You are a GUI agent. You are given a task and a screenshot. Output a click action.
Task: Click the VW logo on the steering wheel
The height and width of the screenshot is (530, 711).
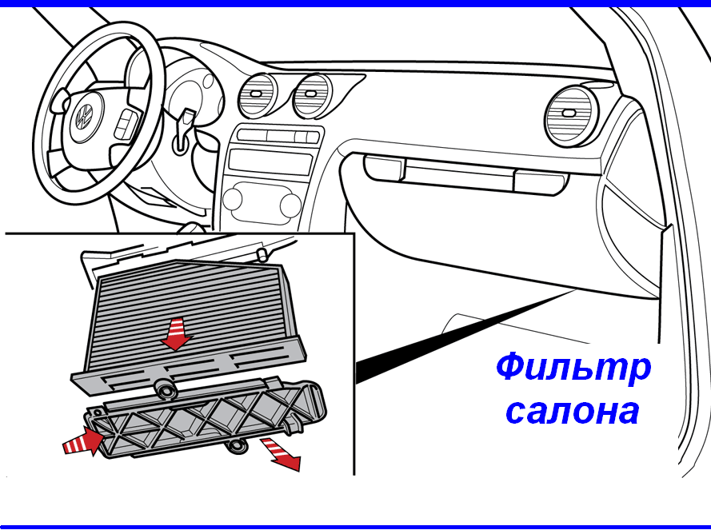point(84,116)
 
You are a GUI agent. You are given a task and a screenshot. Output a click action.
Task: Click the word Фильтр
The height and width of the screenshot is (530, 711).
point(573,367)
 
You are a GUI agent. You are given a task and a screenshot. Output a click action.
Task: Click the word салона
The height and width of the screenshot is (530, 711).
point(573,411)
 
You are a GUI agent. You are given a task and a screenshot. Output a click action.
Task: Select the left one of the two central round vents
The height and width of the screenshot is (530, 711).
point(257,95)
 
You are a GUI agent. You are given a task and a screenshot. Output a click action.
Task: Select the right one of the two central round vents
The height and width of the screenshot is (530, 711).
point(311,95)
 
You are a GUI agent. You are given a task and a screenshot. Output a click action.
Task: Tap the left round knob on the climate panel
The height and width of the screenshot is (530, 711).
point(233,200)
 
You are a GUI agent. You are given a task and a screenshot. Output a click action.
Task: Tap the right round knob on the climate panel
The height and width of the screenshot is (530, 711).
point(290,204)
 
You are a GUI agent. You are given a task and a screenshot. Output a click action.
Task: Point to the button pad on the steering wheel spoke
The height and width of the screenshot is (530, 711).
point(126,125)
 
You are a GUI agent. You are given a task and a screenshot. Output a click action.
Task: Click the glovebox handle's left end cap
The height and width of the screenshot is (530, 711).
point(384,168)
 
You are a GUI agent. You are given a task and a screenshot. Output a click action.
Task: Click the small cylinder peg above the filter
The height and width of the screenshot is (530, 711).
point(262,255)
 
